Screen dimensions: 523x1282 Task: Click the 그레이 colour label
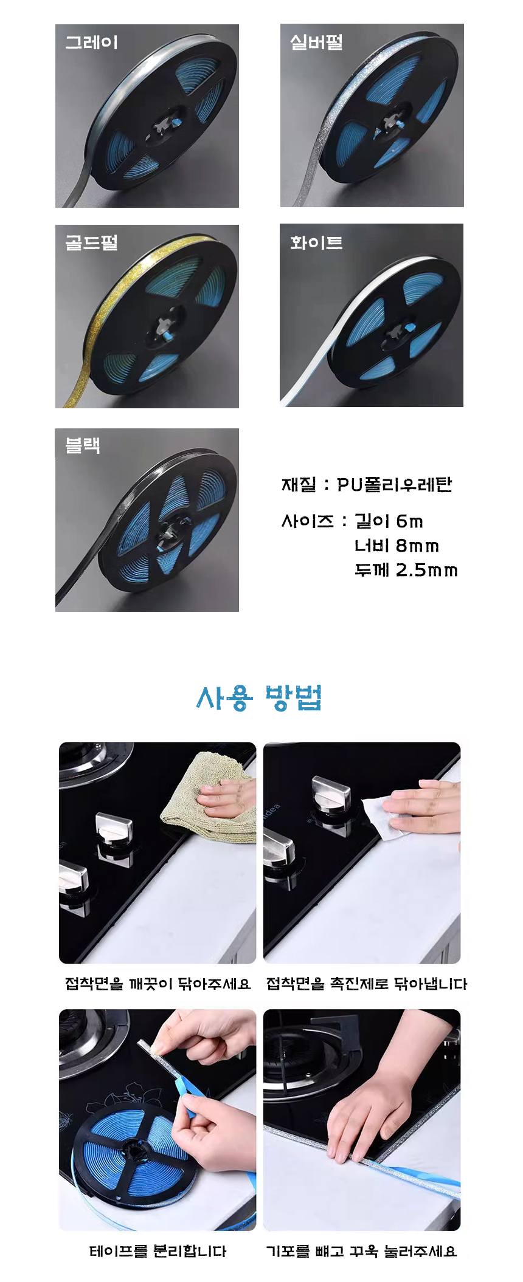(x=91, y=43)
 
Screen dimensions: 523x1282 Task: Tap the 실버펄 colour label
(x=316, y=42)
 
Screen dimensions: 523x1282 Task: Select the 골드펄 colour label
(x=91, y=243)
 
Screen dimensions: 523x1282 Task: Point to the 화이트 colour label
(x=316, y=242)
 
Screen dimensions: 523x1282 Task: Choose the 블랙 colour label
(x=83, y=445)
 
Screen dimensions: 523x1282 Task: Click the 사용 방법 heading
(x=259, y=698)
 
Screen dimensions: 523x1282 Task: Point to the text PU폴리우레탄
(x=395, y=484)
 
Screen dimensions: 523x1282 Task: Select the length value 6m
(x=409, y=521)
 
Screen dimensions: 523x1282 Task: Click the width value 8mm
(x=417, y=546)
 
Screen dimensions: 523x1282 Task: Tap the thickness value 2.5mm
(x=426, y=570)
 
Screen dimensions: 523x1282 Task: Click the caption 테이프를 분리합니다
(x=158, y=1251)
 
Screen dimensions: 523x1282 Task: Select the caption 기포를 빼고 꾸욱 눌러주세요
(x=362, y=1251)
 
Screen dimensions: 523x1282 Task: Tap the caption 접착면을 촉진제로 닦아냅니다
(x=367, y=984)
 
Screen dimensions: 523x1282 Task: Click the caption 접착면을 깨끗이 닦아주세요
(x=158, y=984)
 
